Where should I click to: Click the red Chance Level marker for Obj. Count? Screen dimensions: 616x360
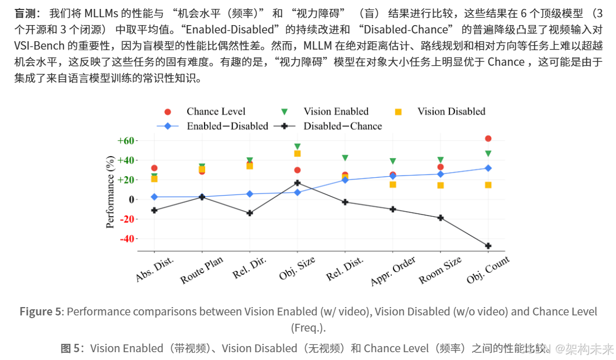(x=488, y=139)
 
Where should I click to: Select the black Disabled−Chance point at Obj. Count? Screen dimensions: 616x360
(x=488, y=246)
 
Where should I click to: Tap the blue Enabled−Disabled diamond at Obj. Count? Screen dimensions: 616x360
(x=488, y=168)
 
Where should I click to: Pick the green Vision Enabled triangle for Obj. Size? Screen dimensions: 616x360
(x=297, y=147)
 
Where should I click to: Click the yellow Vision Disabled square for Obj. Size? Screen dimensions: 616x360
(x=297, y=153)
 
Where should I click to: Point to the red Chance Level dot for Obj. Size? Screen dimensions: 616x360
(x=297, y=170)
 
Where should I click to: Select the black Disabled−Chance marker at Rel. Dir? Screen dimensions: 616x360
(x=249, y=213)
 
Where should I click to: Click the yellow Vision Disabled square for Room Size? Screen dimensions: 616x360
(x=440, y=186)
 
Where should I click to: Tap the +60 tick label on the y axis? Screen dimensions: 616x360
(x=125, y=140)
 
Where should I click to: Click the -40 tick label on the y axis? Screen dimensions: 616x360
(x=126, y=239)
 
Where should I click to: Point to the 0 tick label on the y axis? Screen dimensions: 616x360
(x=131, y=200)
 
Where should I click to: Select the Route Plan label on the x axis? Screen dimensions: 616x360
(x=201, y=270)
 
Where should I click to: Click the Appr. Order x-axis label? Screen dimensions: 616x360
(x=393, y=271)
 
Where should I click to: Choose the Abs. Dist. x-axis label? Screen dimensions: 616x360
(x=154, y=270)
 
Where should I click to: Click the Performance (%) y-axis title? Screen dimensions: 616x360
(x=110, y=192)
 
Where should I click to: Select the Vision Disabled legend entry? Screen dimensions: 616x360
(x=440, y=111)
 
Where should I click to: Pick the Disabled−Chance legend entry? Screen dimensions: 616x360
(x=328, y=126)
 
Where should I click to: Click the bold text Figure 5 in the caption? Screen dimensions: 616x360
(x=41, y=312)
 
